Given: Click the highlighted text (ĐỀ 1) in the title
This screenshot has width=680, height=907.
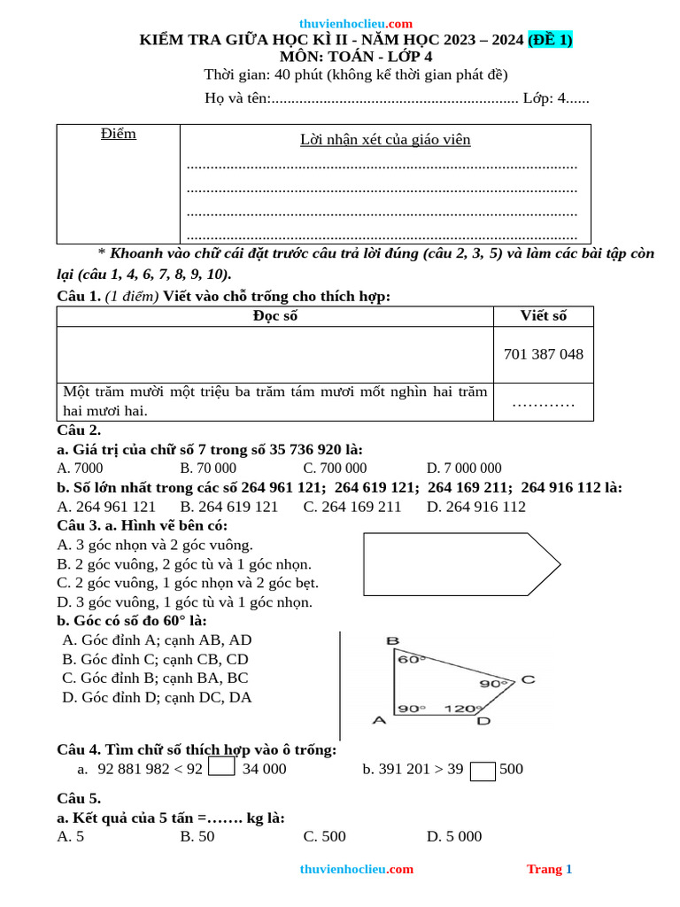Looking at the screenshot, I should coord(550,40).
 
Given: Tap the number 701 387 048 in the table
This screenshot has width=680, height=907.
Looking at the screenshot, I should coord(543,354).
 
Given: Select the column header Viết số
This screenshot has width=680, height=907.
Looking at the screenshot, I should coord(543,316).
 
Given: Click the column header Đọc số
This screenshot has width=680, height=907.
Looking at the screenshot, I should coord(275,316).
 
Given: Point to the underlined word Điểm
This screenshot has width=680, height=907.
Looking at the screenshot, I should coord(119,134).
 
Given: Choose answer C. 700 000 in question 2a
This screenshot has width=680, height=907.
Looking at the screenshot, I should coord(335,469).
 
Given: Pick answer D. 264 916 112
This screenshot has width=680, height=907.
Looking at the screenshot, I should coord(475,507).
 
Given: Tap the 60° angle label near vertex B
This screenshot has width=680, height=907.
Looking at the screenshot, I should coord(410,659).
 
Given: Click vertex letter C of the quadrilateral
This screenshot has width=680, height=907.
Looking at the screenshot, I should coord(527,679).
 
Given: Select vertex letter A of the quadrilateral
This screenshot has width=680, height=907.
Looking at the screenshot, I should coord(379,720).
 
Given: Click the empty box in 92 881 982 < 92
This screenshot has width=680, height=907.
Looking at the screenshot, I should coord(221,766).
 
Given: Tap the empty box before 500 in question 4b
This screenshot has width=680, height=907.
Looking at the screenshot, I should coord(483,771).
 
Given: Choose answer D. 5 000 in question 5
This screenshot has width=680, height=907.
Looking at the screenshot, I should coord(454,836).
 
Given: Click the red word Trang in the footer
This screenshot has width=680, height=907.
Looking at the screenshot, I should coord(544,869).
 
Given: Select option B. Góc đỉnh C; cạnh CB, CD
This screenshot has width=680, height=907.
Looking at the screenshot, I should coord(155,659).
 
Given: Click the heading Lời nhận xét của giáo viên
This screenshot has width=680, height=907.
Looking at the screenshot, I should coord(385,140).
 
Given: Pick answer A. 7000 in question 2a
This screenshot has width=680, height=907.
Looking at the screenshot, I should coord(80,469).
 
